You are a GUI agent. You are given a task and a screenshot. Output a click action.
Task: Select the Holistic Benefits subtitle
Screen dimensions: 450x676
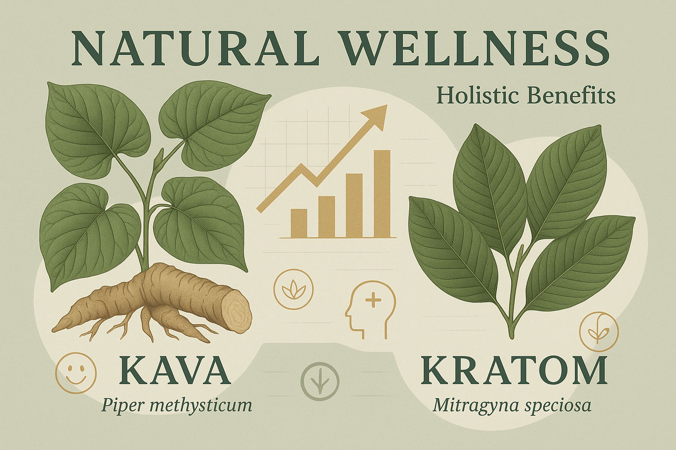point(526,96)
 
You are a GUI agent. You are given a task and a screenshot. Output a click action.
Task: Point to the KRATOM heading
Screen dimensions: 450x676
point(513,371)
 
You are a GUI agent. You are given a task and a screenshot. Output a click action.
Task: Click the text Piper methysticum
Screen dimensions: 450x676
point(176,405)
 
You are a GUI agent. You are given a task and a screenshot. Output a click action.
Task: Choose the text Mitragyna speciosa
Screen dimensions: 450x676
point(512,405)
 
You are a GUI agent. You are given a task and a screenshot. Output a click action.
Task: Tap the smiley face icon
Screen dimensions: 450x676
point(76,373)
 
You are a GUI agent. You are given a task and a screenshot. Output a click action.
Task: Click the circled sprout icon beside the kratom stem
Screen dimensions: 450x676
point(599,332)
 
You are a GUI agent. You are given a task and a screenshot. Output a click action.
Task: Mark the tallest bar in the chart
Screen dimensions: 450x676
point(382,193)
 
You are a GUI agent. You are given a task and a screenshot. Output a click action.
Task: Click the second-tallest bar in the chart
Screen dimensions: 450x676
point(354,205)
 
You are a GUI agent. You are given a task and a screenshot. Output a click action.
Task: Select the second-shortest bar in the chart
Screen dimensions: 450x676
point(327,216)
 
